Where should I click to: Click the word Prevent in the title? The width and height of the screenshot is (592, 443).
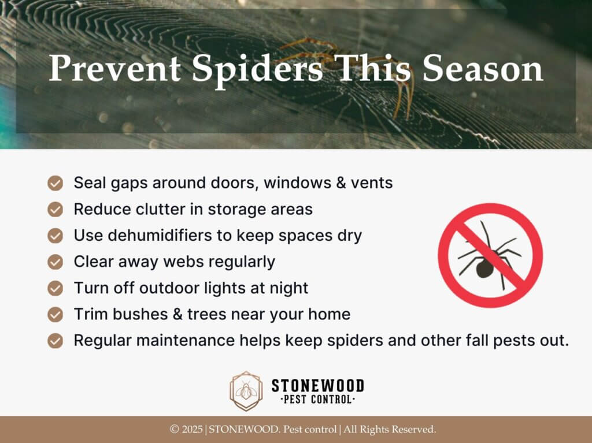115,68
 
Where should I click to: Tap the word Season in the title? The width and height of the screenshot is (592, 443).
483,68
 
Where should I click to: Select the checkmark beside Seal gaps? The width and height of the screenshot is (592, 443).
55,183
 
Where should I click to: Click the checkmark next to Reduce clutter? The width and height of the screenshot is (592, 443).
55,210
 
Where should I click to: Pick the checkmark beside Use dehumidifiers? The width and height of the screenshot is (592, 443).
55,236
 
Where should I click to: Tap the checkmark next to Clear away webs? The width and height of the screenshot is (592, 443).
55,262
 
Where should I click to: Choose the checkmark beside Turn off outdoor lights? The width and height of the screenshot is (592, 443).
55,288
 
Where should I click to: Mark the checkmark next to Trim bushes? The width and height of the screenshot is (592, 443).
55,314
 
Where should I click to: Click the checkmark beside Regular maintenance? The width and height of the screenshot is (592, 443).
55,341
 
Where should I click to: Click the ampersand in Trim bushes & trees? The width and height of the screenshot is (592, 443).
177,314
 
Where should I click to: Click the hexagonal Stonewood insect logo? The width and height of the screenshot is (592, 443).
246,391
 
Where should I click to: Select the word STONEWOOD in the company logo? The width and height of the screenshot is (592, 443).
318,386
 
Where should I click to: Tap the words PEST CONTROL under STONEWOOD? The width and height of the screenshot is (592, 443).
317,399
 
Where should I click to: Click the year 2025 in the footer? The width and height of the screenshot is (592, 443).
193,429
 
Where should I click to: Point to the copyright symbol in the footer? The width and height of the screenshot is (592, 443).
175,429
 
